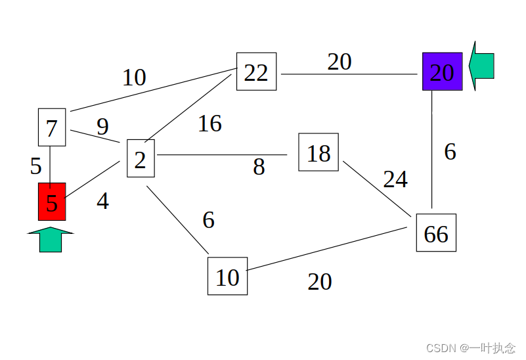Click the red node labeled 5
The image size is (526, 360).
(52, 202)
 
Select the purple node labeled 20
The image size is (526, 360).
(442, 72)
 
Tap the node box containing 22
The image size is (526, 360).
(256, 72)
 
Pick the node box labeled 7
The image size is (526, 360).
(52, 127)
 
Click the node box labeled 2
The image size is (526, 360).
(141, 158)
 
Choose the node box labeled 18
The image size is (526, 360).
(318, 152)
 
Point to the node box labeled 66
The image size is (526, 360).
(436, 233)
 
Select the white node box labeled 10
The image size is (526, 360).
(227, 277)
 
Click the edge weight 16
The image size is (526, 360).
(209, 124)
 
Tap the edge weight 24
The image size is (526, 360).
(395, 179)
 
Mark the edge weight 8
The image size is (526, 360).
(259, 168)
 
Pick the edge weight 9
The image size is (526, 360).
(102, 127)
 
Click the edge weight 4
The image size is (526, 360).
(102, 201)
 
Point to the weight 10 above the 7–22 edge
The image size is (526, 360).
(134, 78)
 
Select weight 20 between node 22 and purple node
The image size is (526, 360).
(340, 62)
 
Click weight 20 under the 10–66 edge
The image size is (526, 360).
(320, 282)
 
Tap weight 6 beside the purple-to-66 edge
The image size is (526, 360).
(450, 152)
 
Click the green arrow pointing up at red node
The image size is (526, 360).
(51, 240)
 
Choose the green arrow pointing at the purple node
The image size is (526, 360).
(483, 66)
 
